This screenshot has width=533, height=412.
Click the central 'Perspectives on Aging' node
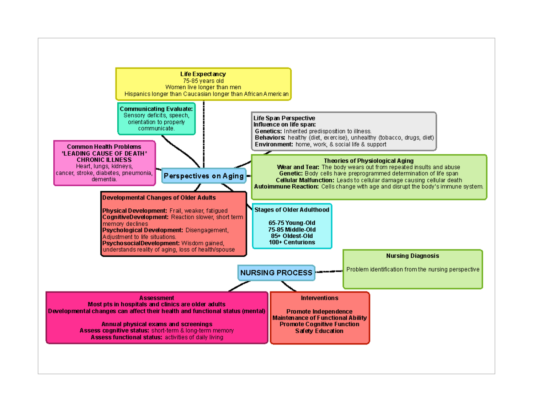coord(204,176)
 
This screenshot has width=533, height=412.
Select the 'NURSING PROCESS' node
coord(276,272)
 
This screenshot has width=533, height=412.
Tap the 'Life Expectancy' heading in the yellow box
coord(203,74)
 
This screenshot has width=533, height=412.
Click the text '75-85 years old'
coord(203,81)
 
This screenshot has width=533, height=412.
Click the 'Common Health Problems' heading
coord(104,147)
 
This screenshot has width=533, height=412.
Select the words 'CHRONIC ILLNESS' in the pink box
coord(104,160)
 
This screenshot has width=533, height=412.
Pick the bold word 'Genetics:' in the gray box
coord(268,132)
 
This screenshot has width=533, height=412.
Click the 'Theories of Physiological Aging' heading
coord(369,160)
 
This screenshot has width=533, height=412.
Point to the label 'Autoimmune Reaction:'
coord(286,187)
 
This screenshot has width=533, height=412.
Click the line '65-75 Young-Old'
coord(292,223)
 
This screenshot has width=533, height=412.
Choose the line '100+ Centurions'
coord(292,242)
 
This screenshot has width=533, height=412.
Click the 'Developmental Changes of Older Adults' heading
coord(159,197)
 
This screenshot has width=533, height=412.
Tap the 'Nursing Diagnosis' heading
coord(413,256)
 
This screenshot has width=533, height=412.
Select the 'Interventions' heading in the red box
coord(319,298)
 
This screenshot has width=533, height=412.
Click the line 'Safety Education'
coord(319,331)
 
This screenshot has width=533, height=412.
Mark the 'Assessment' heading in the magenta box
coord(156,298)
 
